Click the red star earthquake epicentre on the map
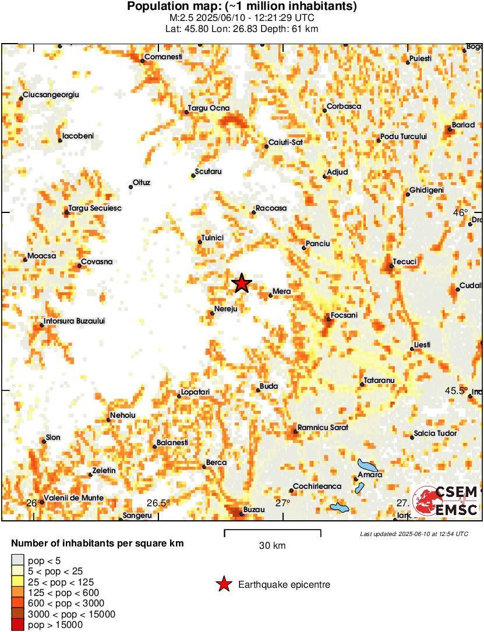tap(242, 284)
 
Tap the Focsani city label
tap(344, 315)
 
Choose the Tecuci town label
tap(405, 262)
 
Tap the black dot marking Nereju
tap(213, 314)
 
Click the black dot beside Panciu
tap(303, 248)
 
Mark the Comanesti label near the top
tap(163, 57)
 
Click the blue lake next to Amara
tap(368, 466)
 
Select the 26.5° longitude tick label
tap(158, 503)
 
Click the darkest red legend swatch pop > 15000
tap(17, 625)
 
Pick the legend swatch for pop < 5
tap(17, 560)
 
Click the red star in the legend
tap(224, 584)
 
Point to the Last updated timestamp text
tap(414, 534)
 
